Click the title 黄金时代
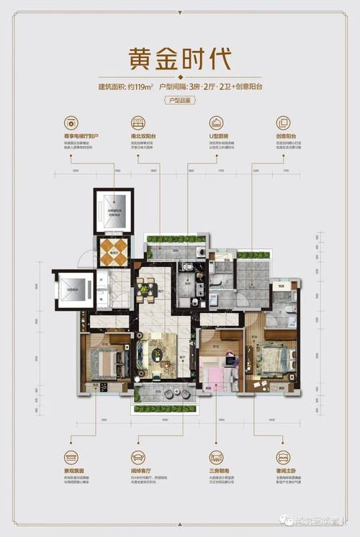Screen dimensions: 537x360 tap(179, 57)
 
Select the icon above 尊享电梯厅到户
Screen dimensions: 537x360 tap(71, 122)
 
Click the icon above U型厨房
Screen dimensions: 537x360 tap(215, 122)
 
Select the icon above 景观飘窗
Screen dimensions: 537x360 tap(71, 456)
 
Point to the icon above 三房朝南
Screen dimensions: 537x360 tap(215, 456)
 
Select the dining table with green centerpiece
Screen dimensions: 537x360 tap(147, 290)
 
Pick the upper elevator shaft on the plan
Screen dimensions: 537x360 tap(114, 211)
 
